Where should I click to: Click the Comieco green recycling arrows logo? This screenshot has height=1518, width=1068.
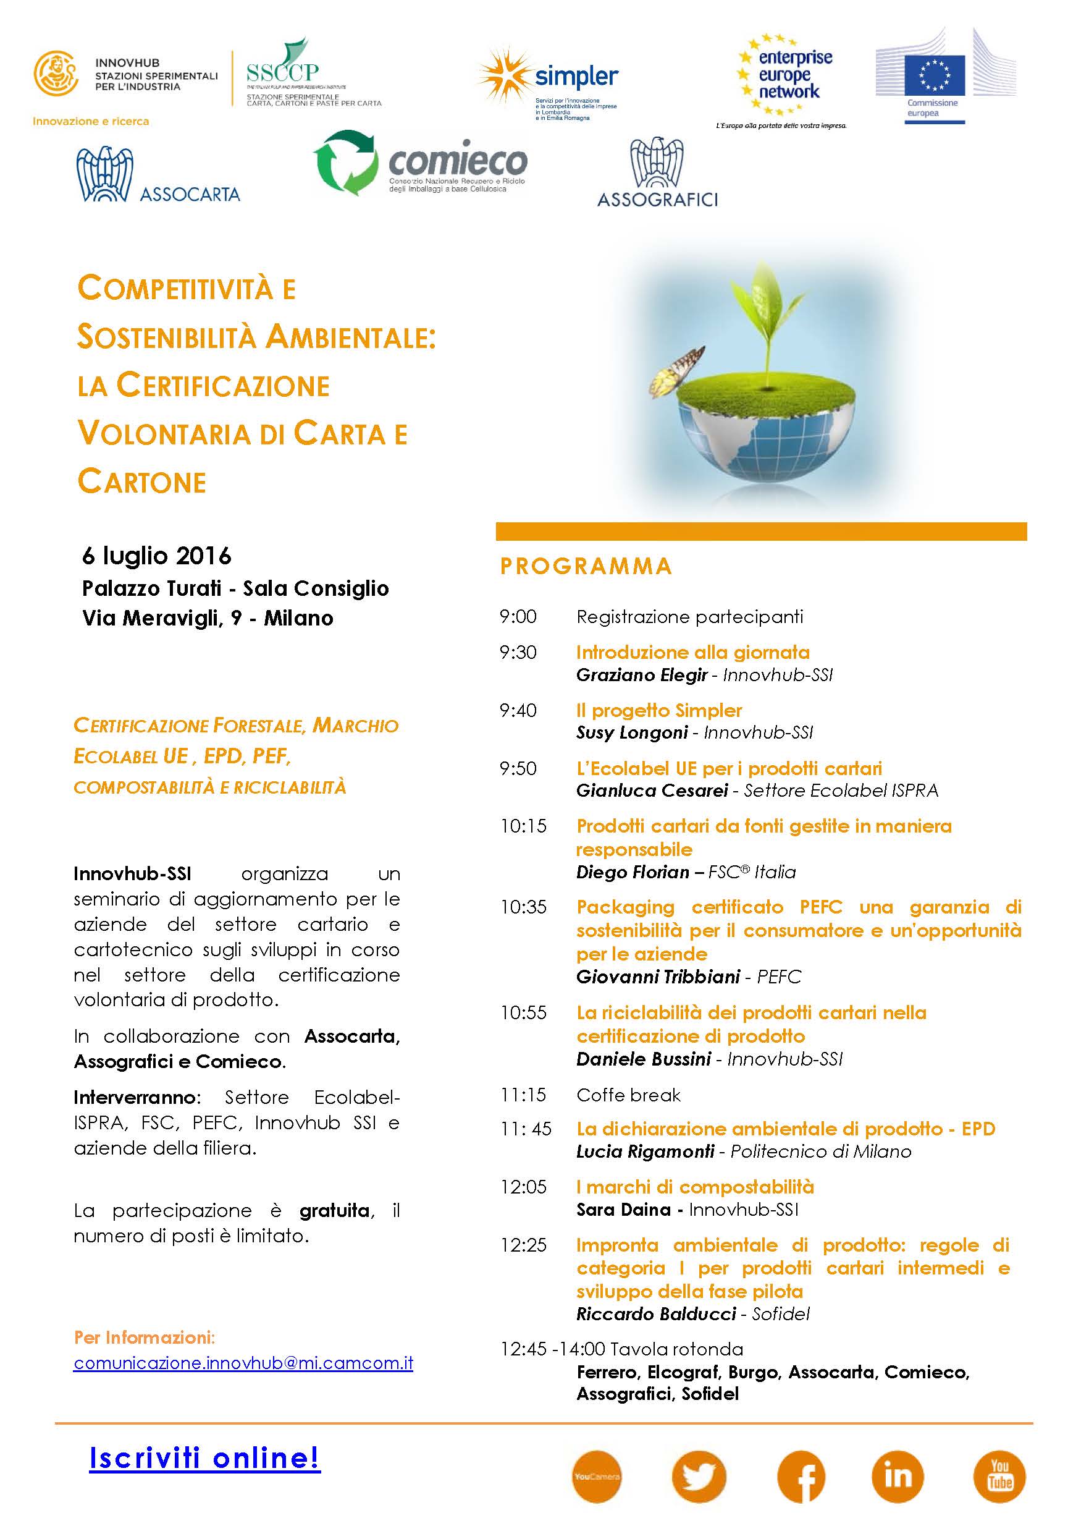pyautogui.click(x=346, y=163)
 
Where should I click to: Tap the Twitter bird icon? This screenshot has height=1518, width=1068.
pyautogui.click(x=699, y=1477)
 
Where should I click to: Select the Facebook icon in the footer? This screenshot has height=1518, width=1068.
pyautogui.click(x=801, y=1477)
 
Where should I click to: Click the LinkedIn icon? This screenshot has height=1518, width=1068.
pyautogui.click(x=898, y=1477)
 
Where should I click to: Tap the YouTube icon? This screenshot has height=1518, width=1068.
pyautogui.click(x=999, y=1477)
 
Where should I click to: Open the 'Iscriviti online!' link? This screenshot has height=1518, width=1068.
pyautogui.click(x=205, y=1458)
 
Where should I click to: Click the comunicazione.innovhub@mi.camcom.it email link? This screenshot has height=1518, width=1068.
pyautogui.click(x=243, y=1363)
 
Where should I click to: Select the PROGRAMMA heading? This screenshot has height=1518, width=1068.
pyautogui.click(x=586, y=567)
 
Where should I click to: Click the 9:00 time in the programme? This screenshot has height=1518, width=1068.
pyautogui.click(x=518, y=617)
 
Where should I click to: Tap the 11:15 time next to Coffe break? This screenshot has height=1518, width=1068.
pyautogui.click(x=523, y=1095)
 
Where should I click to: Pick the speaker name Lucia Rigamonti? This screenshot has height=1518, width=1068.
pyautogui.click(x=645, y=1151)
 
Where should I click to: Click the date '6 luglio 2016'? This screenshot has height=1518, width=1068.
pyautogui.click(x=157, y=556)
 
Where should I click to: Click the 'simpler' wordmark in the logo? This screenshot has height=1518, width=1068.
pyautogui.click(x=576, y=77)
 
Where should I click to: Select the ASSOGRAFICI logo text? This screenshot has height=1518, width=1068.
pyautogui.click(x=657, y=200)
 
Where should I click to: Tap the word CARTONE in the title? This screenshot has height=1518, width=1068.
pyautogui.click(x=142, y=482)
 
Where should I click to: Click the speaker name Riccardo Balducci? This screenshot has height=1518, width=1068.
pyautogui.click(x=655, y=1313)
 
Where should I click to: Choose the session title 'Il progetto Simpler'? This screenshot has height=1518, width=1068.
pyautogui.click(x=659, y=711)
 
